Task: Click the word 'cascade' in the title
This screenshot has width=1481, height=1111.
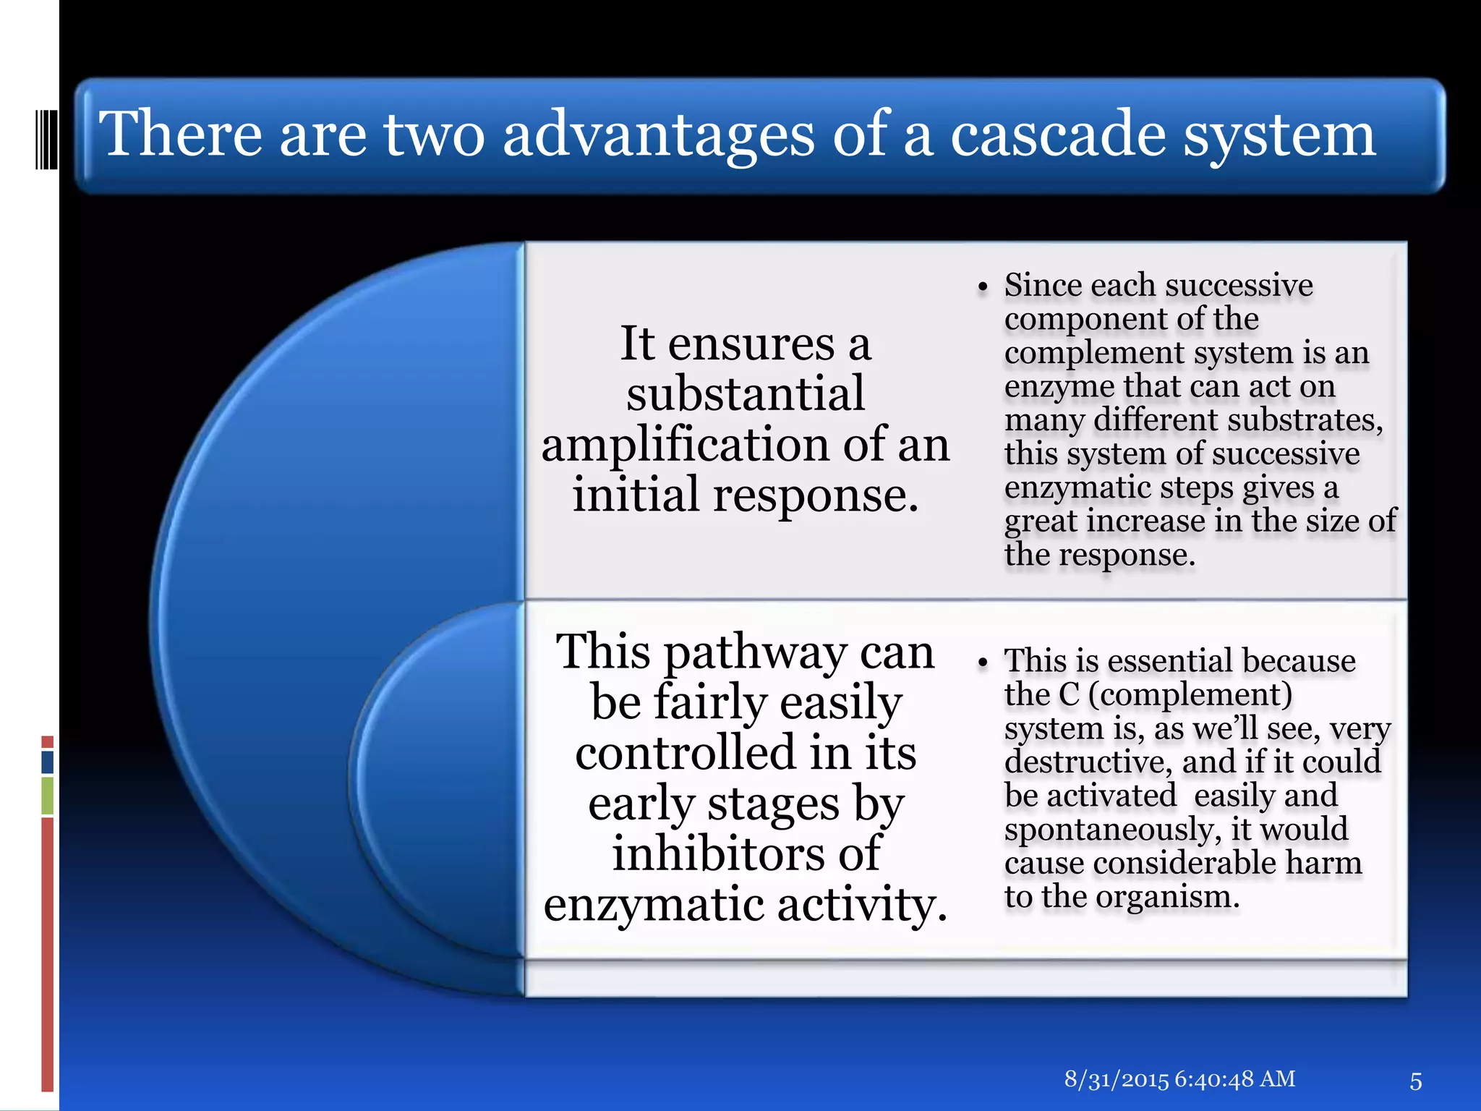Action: [x=1057, y=135]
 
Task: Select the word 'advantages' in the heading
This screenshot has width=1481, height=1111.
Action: [x=658, y=135]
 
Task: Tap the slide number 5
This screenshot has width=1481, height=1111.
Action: [x=1415, y=1081]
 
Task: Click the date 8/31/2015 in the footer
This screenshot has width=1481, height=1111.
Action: [x=1116, y=1079]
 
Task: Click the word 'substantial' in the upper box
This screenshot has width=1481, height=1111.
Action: [x=745, y=393]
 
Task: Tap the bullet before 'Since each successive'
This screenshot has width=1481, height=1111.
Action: [x=982, y=288]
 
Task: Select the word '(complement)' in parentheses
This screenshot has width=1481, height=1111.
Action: [x=1190, y=695]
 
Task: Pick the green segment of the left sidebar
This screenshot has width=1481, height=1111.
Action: [x=48, y=795]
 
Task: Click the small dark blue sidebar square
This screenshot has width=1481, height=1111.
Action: [x=48, y=762]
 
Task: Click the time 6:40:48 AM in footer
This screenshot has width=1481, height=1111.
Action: [x=1235, y=1079]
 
